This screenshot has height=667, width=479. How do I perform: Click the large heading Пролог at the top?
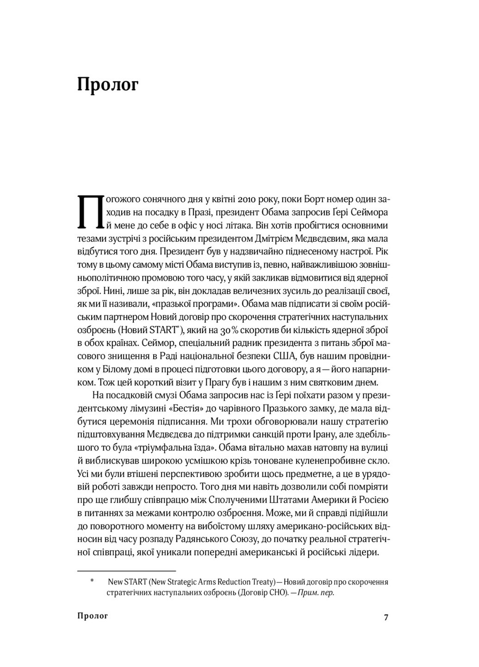(107, 85)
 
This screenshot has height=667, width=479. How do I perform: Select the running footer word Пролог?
(93, 616)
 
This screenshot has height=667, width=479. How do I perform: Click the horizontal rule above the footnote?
(126, 571)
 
